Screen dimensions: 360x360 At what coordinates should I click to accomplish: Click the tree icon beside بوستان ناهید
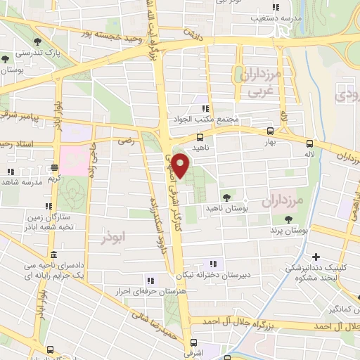[x=226, y=198]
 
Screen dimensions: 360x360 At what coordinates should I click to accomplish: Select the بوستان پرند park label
[x=290, y=231]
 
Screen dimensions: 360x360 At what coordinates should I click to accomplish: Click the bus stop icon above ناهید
[x=200, y=137]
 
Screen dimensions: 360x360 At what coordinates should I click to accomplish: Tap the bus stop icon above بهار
[x=270, y=131]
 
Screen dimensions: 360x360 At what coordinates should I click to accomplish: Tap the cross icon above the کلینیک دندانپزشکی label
[x=316, y=257]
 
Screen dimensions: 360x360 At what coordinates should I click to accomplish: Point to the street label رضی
[x=127, y=141]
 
